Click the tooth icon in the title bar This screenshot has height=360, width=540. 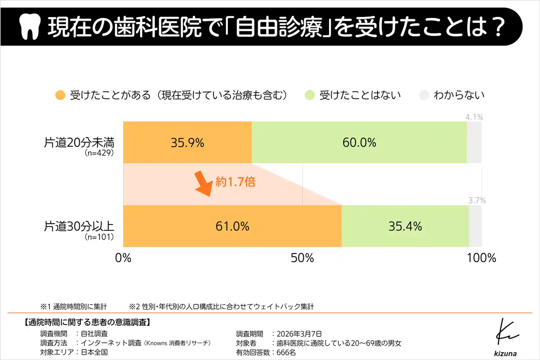[x=30, y=27]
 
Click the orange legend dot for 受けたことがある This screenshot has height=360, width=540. [x=61, y=95]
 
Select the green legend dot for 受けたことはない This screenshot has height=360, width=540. [x=310, y=95]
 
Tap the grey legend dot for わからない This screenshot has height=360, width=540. [x=424, y=95]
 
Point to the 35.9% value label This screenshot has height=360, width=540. [x=187, y=143]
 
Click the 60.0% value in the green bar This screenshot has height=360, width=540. [x=359, y=143]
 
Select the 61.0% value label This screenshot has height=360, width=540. [x=232, y=226]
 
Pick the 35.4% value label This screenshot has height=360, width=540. [x=405, y=226]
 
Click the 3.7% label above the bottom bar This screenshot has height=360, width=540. [x=477, y=201]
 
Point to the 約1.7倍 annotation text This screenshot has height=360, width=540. [x=235, y=182]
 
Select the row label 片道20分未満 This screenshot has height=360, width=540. [x=79, y=142]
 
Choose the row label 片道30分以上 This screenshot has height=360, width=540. [x=79, y=226]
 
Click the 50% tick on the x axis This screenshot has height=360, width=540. [x=302, y=258]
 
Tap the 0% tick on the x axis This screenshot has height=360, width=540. [x=123, y=258]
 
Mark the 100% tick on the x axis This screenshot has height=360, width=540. [x=481, y=258]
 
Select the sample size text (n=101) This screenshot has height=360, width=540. [x=100, y=237]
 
